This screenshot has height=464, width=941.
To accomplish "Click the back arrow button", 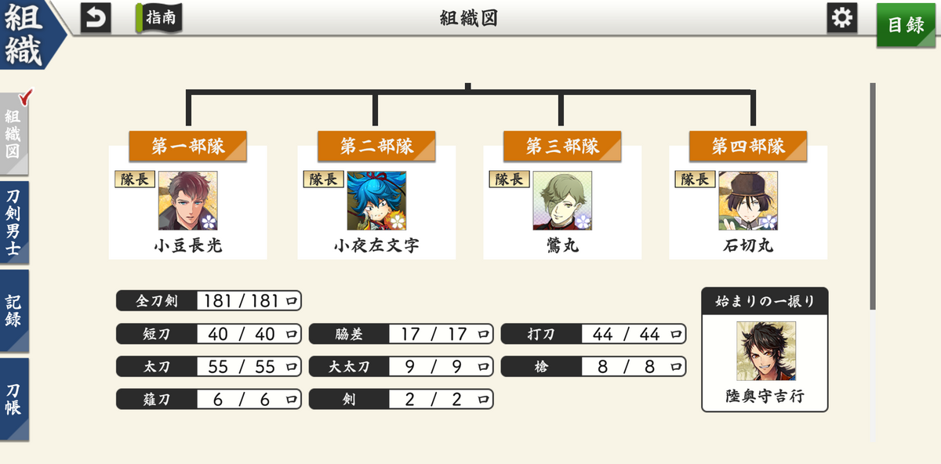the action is coord(96,18).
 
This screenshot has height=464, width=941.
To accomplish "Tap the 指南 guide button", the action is coord(158,18).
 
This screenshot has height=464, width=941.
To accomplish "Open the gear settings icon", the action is coord(842,18).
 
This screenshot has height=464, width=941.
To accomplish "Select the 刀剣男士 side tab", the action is coord(14,222).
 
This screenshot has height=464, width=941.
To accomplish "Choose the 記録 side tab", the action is coord(14,310).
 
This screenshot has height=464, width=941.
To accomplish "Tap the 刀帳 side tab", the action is coord(14,399).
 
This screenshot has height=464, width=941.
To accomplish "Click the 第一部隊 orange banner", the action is coord(187,146).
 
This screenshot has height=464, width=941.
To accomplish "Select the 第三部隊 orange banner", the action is coord(562,146).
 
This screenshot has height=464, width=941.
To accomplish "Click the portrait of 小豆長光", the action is coord(187,201).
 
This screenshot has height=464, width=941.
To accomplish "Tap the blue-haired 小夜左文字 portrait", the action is coord(376,201).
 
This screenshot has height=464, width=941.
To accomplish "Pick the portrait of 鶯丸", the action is coord(562,201).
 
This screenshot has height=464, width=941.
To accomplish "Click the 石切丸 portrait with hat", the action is coord(748,201).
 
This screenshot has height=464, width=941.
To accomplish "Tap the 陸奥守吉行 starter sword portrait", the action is coord(766,351).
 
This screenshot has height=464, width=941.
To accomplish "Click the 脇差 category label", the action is coord(349,334).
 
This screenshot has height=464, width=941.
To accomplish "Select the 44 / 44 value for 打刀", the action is coord(626,334).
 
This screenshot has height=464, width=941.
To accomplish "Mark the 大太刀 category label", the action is coord(349,367).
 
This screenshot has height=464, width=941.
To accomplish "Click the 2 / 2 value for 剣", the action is coord(433,399).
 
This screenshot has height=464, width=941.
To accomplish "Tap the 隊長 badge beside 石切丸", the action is coord(695,179).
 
